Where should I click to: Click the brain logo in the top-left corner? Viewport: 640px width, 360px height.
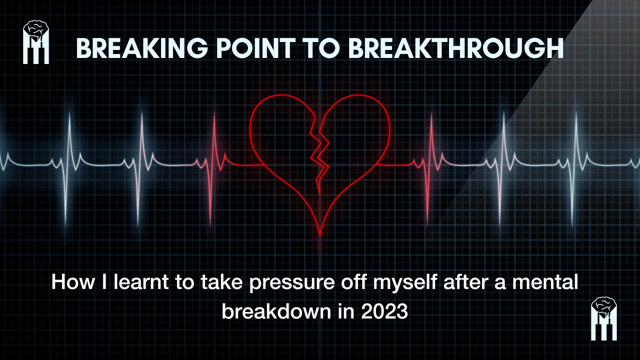(36, 42)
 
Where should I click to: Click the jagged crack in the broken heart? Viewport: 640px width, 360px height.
(318, 150)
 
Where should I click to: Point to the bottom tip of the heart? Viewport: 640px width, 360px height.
(320, 235)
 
